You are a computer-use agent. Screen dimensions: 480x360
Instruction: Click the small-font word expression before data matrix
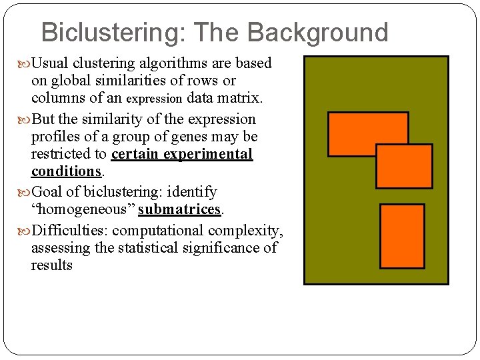tap(155, 99)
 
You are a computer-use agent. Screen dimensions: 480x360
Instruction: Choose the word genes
tap(191, 137)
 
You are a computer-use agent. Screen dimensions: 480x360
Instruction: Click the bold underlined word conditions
tap(66, 171)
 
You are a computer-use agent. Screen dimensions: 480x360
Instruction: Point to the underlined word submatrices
tap(179, 209)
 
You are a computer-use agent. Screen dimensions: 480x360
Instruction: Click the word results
tap(52, 265)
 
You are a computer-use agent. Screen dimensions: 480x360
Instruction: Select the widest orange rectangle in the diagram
tap(367, 133)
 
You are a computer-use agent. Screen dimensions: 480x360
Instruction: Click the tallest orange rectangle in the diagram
tap(402, 235)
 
